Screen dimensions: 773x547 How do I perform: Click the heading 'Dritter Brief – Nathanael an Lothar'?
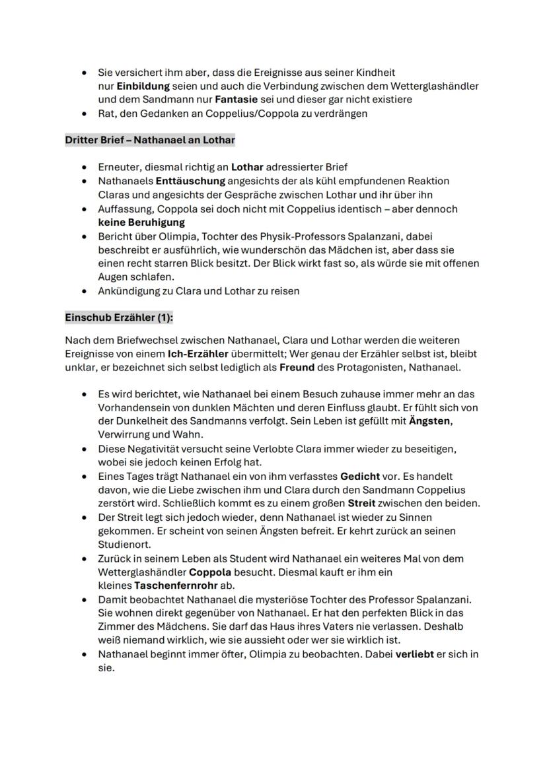[x=149, y=140]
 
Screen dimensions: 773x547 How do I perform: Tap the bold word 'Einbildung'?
[x=143, y=86]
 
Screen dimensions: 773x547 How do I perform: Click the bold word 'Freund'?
[x=297, y=367]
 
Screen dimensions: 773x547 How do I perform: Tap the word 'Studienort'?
[x=123, y=545]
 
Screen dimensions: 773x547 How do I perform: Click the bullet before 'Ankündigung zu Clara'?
[x=83, y=291]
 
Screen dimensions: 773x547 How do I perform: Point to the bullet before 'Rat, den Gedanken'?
[x=83, y=114]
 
